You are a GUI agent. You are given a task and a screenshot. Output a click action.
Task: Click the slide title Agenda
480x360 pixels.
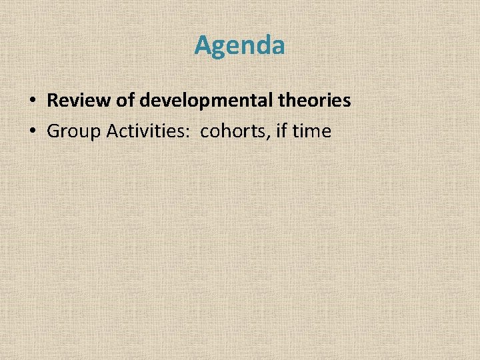click(239, 45)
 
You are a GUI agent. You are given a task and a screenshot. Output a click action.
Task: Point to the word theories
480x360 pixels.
click(317, 101)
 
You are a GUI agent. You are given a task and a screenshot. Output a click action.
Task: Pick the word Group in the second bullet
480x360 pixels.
click(70, 131)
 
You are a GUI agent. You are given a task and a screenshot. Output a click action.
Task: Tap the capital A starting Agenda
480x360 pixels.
click(203, 45)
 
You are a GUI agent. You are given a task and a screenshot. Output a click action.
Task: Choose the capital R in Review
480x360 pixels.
click(53, 101)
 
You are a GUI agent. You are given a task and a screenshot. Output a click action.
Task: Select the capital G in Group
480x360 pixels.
click(53, 131)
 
